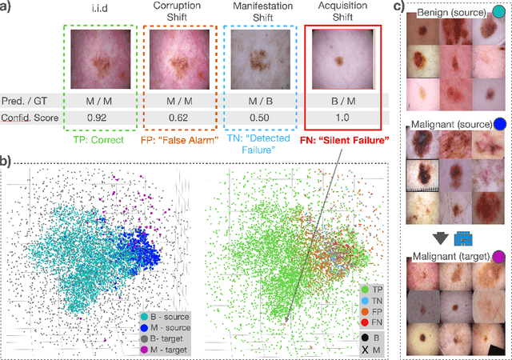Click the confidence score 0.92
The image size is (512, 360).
tap(96, 117)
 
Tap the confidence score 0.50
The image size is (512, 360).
tap(262, 117)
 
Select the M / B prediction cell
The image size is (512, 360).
tap(262, 100)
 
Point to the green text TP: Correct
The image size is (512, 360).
tap(96, 138)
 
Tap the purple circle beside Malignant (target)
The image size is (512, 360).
tap(499, 256)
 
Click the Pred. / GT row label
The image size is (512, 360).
tap(28, 100)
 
